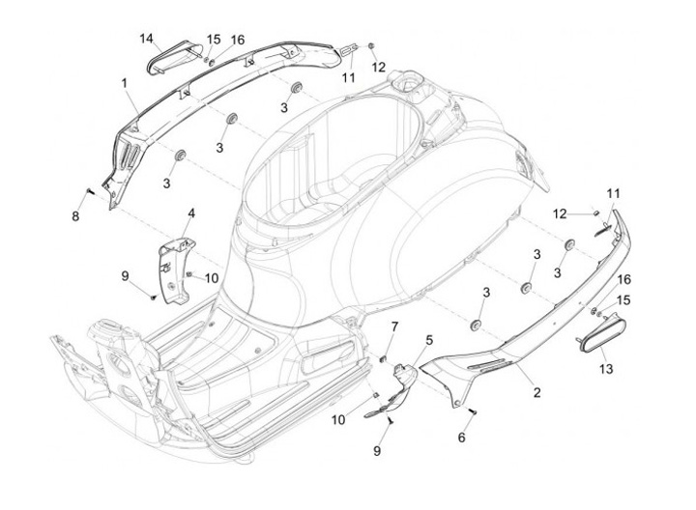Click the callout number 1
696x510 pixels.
point(126,84)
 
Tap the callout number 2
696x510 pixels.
point(536,393)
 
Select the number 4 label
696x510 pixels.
point(191,212)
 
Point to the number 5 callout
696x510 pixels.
point(429,340)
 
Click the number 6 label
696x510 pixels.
point(462,438)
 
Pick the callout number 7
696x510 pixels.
point(393,329)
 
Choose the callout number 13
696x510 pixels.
point(606,368)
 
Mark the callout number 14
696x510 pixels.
point(146,39)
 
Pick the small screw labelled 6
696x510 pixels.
point(476,412)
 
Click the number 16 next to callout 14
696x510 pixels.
point(238,40)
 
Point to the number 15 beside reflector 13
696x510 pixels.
point(623,300)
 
